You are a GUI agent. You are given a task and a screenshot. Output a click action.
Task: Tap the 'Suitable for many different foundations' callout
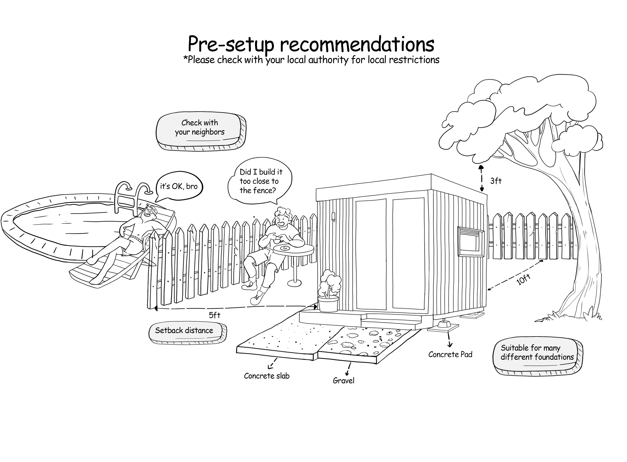coord(536,353)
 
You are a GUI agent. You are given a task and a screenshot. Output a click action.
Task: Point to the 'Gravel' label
coord(343,381)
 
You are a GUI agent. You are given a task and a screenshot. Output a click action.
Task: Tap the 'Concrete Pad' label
coord(450,355)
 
